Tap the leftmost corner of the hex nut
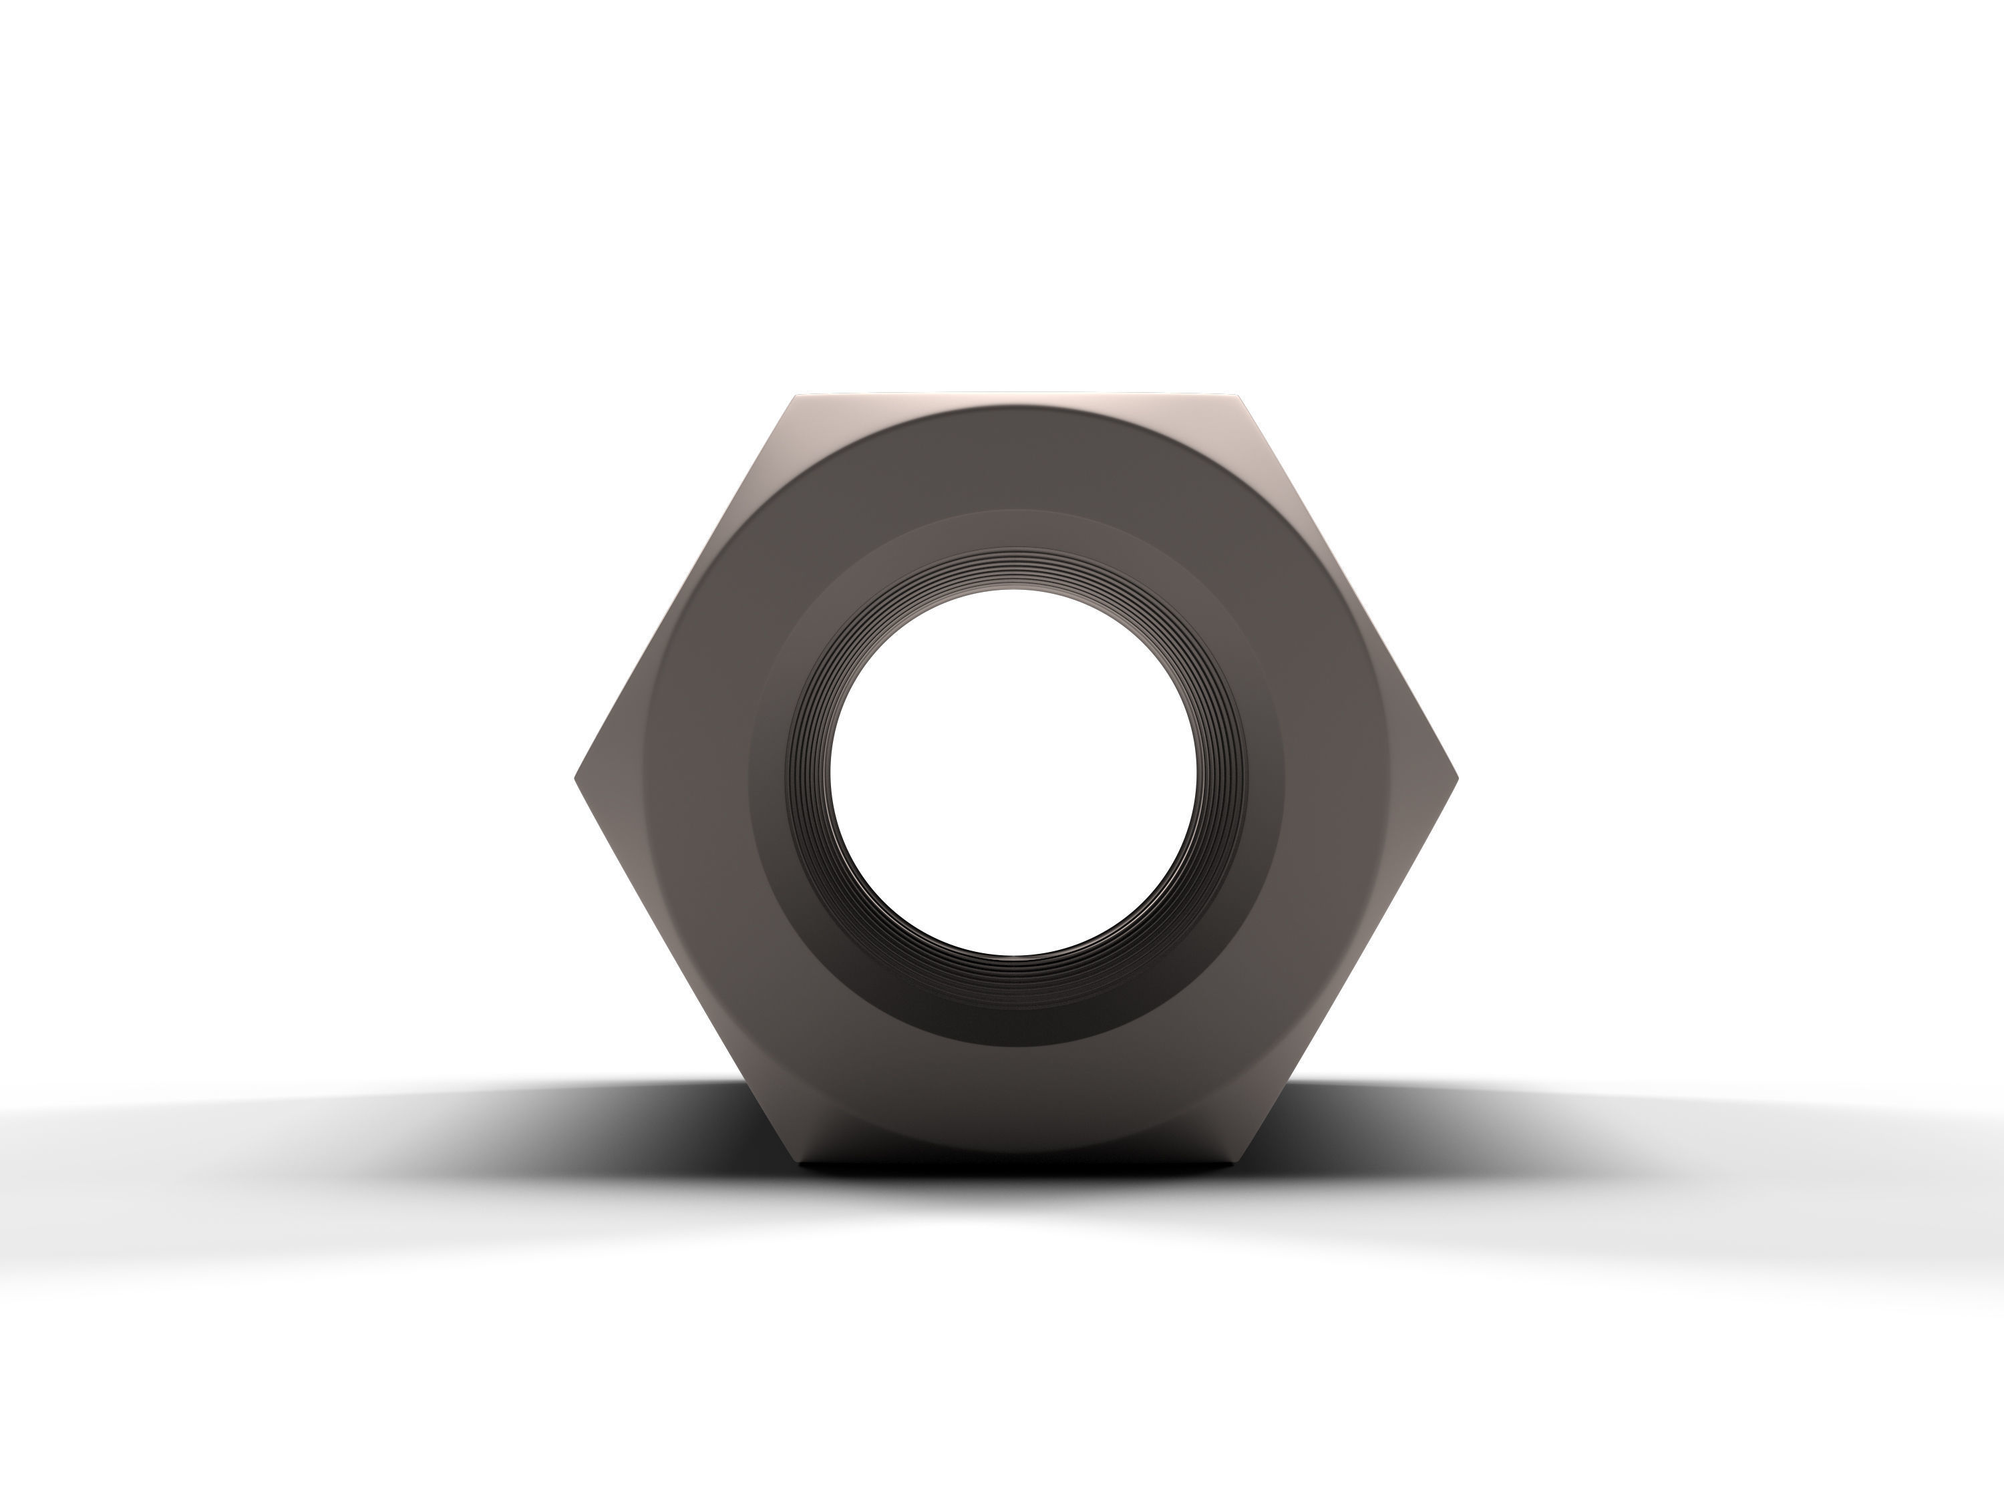[577, 778]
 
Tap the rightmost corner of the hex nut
[1457, 778]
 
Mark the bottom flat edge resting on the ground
[1015, 1160]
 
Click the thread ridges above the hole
[1013, 569]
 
